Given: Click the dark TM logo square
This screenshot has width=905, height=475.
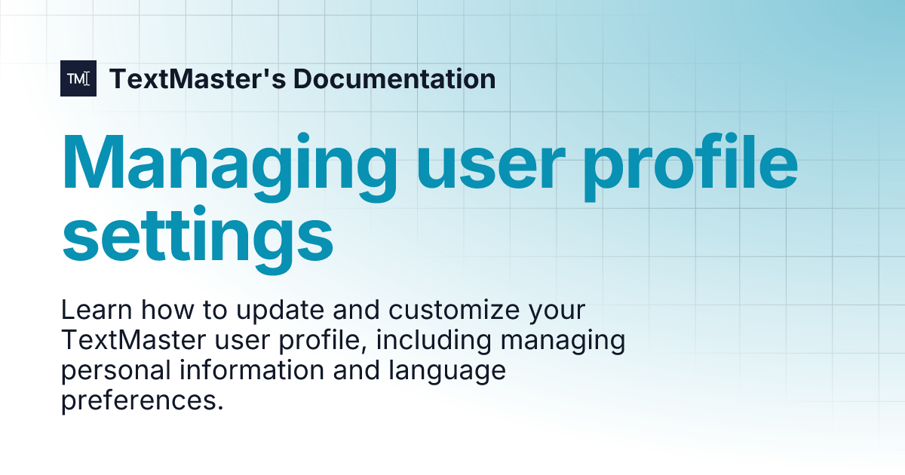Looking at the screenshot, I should (78, 78).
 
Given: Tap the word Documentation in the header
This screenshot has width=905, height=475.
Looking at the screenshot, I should (394, 78).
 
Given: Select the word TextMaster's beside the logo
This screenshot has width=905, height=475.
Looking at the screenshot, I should (196, 78).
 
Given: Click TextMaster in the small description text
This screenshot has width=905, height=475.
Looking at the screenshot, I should (133, 341).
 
